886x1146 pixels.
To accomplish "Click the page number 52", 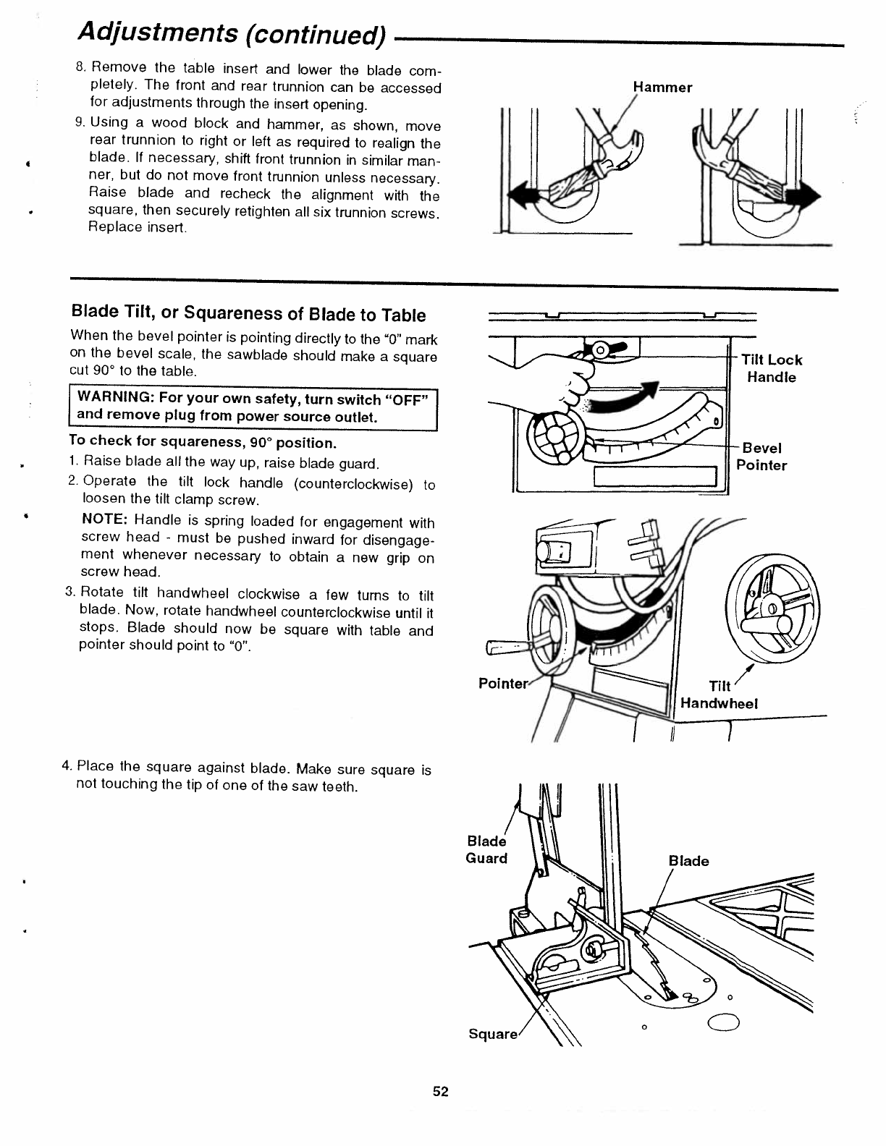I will click(x=441, y=1092).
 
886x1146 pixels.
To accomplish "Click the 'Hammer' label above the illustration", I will click(x=662, y=88).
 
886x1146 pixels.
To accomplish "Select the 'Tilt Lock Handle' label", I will click(x=772, y=368).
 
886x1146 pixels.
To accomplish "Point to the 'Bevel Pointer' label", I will click(x=761, y=457).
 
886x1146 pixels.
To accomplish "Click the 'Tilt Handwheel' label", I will click(x=719, y=695).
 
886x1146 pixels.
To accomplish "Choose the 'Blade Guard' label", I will click(x=486, y=849).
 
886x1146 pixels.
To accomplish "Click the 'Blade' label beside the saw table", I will click(x=688, y=860).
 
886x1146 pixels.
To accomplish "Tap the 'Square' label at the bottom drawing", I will click(x=493, y=1034).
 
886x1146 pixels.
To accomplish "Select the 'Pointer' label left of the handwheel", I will click(x=503, y=684).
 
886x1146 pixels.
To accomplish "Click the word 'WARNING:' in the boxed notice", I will click(x=114, y=399).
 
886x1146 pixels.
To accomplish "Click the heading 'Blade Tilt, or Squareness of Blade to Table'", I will click(x=248, y=314).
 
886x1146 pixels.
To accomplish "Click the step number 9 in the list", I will click(x=80, y=122).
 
